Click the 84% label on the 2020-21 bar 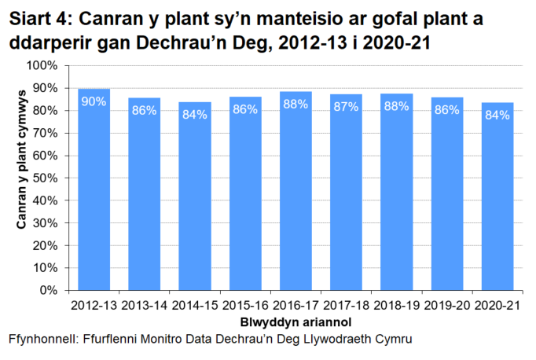point(497,115)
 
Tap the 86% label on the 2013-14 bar point(144,110)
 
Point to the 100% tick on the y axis point(50,67)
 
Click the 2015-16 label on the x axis point(245,304)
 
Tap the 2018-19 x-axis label point(396,304)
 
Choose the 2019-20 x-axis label point(447,304)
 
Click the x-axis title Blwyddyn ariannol point(295,321)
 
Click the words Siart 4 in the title point(39,17)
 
